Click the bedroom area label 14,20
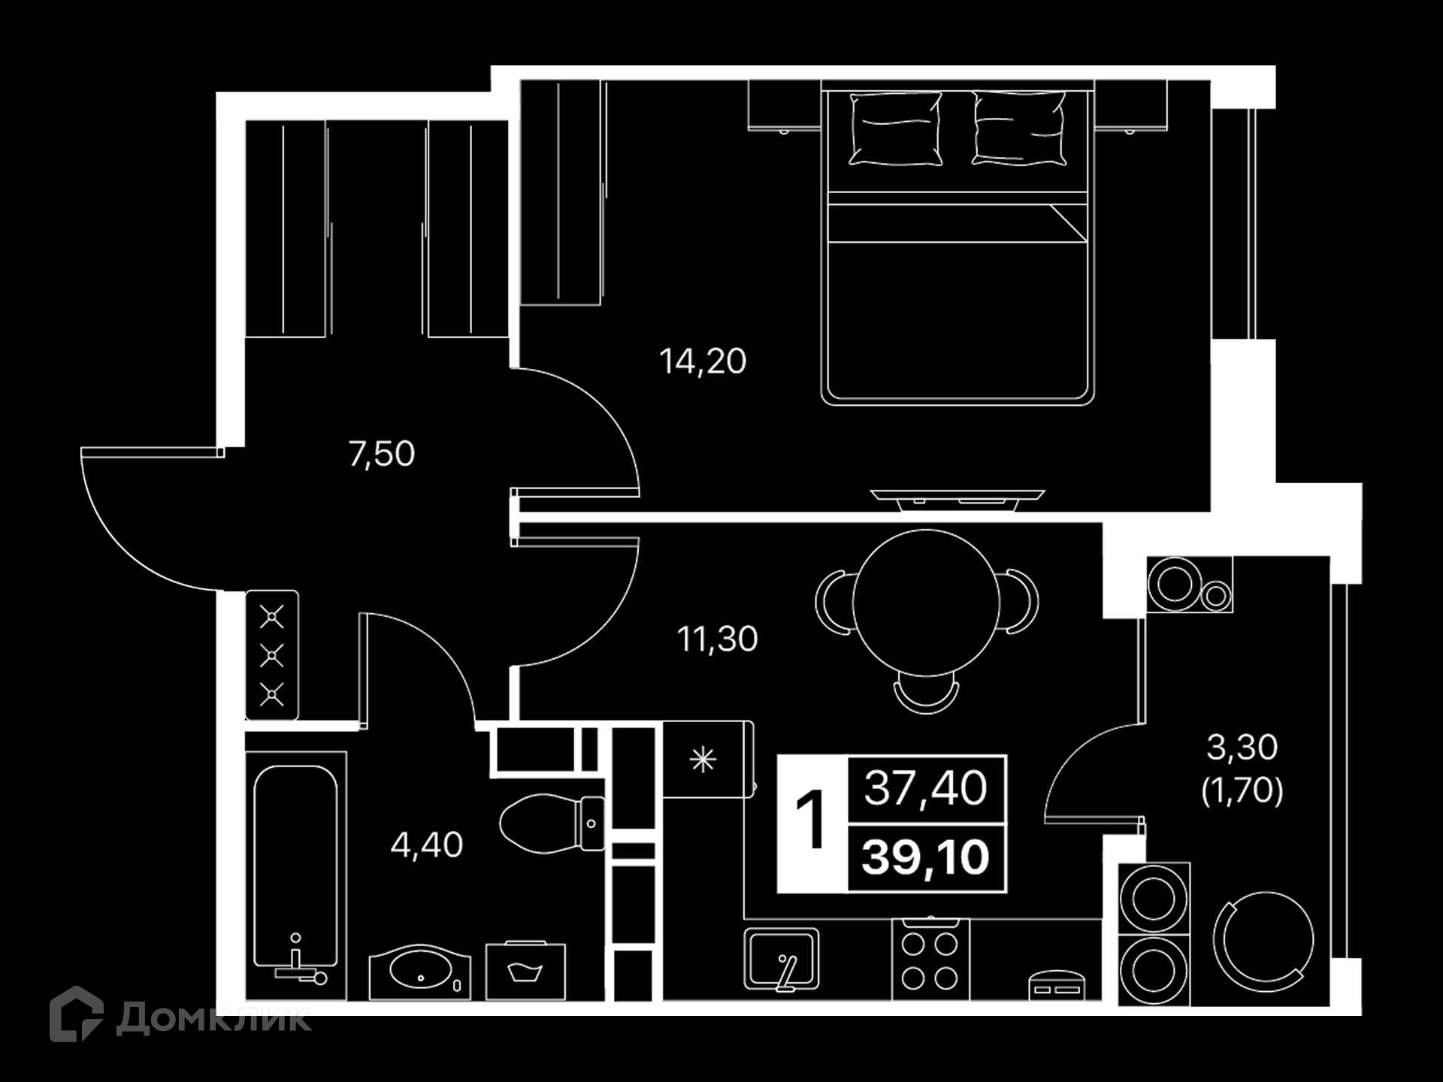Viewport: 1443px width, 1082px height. [x=703, y=361]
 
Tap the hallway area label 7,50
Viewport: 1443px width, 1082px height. [x=382, y=454]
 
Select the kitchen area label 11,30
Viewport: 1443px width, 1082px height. [x=718, y=639]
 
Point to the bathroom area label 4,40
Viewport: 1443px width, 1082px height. [x=427, y=845]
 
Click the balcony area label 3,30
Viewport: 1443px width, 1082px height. [x=1242, y=747]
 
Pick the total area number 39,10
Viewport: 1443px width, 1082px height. [x=925, y=857]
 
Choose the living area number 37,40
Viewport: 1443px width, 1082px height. [x=925, y=788]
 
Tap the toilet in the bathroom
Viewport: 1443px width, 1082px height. [x=552, y=824]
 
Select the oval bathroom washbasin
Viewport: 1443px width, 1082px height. [x=420, y=972]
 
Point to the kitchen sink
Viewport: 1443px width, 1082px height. [x=782, y=960]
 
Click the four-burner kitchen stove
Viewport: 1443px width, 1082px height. [x=930, y=960]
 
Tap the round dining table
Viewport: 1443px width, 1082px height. [x=927, y=603]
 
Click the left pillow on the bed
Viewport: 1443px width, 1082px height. [x=896, y=128]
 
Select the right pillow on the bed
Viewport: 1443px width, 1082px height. [x=1020, y=128]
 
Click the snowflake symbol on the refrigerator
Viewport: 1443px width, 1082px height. [x=703, y=760]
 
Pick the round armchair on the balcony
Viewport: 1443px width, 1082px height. [x=1264, y=941]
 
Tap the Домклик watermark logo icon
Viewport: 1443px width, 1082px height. [x=77, y=1014]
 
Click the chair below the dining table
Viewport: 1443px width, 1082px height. [x=927, y=697]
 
